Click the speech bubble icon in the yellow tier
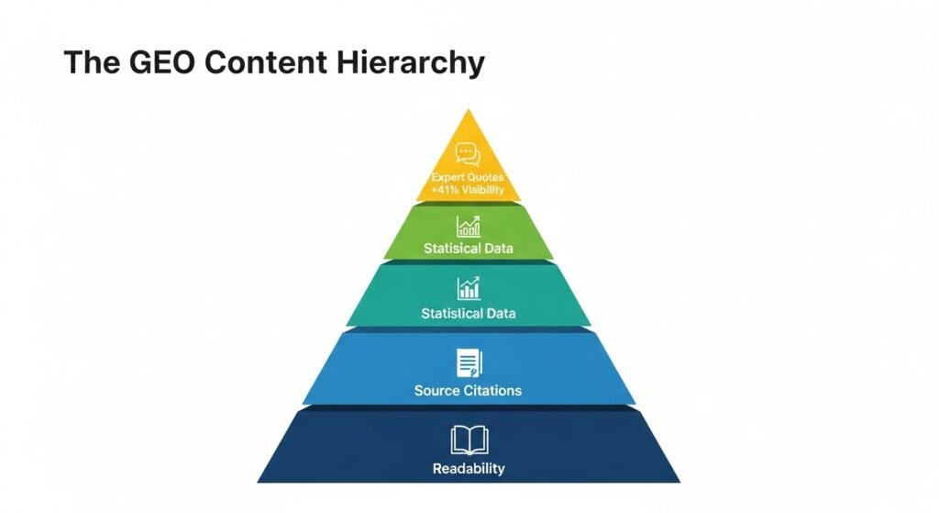[468, 154]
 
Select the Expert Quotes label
[468, 176]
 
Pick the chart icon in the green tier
[468, 226]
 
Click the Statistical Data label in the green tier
[468, 248]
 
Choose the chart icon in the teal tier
[469, 288]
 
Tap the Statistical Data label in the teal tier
[468, 313]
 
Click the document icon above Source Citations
[469, 362]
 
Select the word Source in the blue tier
[436, 390]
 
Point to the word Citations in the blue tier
[492, 390]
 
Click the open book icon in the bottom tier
[469, 441]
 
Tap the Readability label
[469, 469]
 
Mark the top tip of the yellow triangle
[469, 110]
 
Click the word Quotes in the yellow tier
[486, 176]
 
